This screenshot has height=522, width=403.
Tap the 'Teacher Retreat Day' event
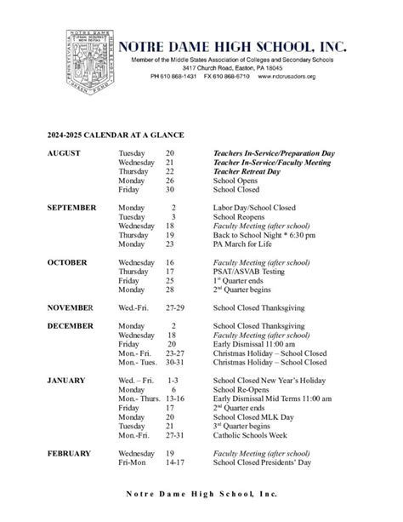click(246, 170)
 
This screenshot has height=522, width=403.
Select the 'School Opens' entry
click(235, 181)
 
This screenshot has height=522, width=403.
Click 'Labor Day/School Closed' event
click(253, 207)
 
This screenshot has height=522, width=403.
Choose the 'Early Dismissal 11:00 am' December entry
click(254, 343)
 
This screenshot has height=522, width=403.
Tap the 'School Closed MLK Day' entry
click(253, 417)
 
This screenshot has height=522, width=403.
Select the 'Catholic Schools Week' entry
click(251, 435)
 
